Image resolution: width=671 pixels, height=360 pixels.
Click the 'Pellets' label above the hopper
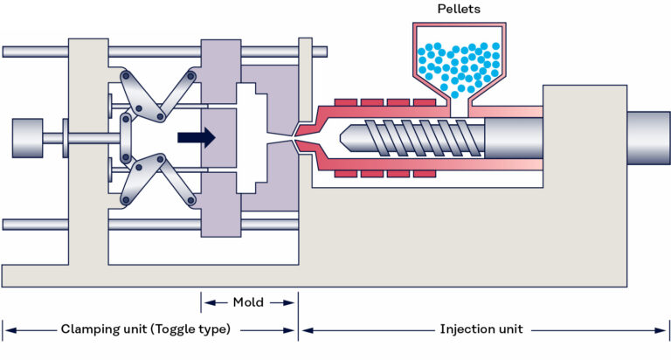(x=458, y=9)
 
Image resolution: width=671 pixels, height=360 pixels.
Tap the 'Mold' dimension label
(x=248, y=302)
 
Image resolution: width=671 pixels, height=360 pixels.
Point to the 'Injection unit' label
(x=482, y=329)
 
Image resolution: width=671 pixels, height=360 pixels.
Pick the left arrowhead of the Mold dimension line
(x=205, y=302)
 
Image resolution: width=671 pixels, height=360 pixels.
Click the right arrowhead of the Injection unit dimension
(x=664, y=329)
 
